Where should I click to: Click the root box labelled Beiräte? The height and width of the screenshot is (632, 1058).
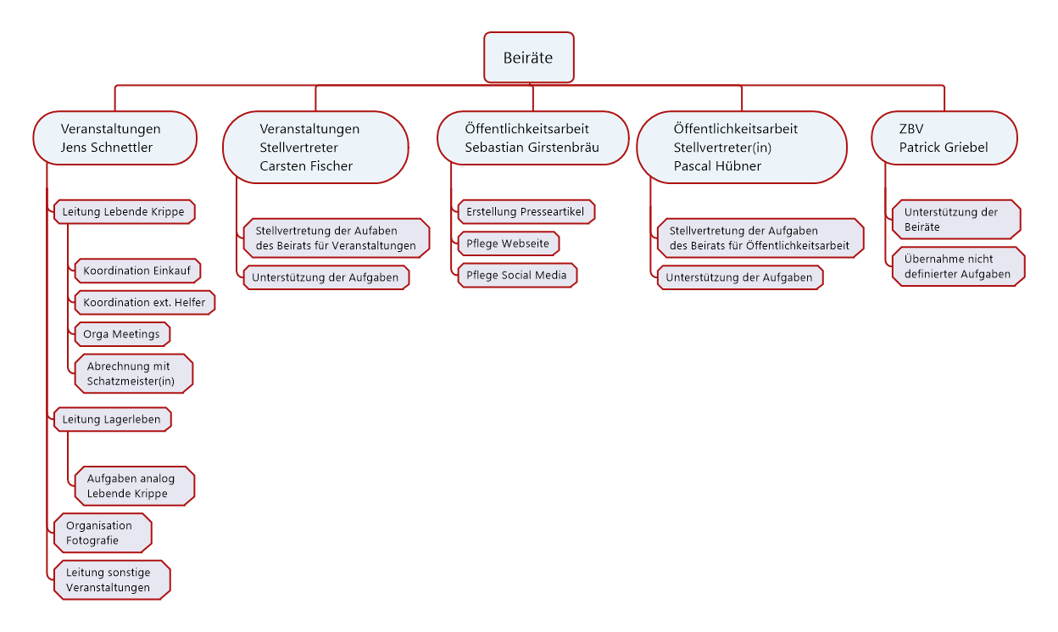click(x=528, y=57)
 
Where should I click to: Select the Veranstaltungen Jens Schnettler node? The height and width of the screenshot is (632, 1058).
click(x=114, y=138)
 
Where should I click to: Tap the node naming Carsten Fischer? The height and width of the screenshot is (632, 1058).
click(x=315, y=147)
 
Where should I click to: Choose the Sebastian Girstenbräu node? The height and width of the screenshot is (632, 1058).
click(x=532, y=138)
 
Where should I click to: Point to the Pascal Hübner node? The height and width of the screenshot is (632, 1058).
click(x=742, y=147)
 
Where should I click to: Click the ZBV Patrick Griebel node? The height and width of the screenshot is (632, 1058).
click(x=944, y=138)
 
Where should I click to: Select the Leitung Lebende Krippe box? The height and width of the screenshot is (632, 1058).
click(x=125, y=211)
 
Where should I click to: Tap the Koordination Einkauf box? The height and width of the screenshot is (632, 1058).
click(x=137, y=271)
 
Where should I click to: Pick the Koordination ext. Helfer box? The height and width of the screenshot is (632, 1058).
click(x=144, y=302)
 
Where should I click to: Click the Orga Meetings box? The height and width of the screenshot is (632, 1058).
click(x=122, y=333)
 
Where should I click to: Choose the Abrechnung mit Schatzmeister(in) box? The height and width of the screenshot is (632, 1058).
click(x=134, y=373)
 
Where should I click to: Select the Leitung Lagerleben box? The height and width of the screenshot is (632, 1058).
click(x=113, y=419)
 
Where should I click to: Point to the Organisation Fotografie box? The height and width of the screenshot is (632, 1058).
click(x=103, y=533)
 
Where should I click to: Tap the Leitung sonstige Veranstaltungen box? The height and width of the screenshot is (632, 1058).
click(x=112, y=579)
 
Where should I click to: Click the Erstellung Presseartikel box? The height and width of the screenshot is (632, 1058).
click(x=526, y=211)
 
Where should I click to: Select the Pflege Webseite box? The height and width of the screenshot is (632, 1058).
click(x=509, y=243)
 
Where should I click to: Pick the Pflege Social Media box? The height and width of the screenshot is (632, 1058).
click(x=517, y=275)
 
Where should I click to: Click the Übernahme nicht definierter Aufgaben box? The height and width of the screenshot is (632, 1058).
click(x=958, y=266)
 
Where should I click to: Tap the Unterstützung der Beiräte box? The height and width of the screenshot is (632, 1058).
click(x=956, y=219)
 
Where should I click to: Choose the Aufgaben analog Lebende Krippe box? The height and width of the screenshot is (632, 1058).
click(x=135, y=486)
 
